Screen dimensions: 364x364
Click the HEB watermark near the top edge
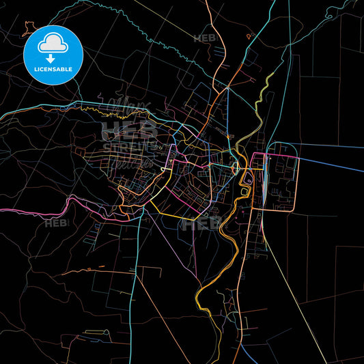pyautogui.click(x=204, y=38)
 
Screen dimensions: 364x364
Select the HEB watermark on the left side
pyautogui.click(x=55, y=223)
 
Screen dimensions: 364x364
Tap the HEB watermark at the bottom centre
pyautogui.click(x=199, y=223)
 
